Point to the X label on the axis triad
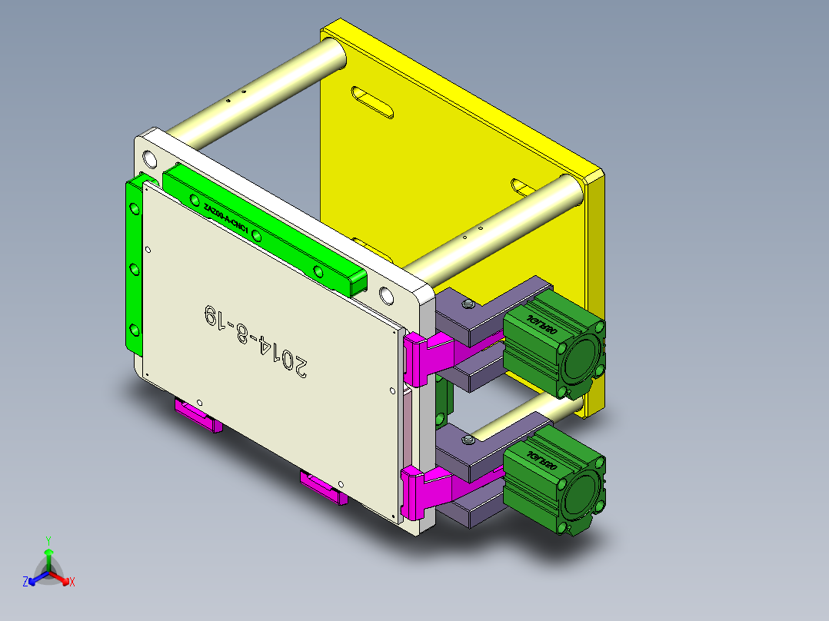[x=72, y=583]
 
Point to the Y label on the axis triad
[x=48, y=540]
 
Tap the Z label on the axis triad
[x=25, y=583]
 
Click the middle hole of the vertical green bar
[x=134, y=269]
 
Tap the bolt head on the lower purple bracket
[x=468, y=440]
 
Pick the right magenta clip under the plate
[x=323, y=487]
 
